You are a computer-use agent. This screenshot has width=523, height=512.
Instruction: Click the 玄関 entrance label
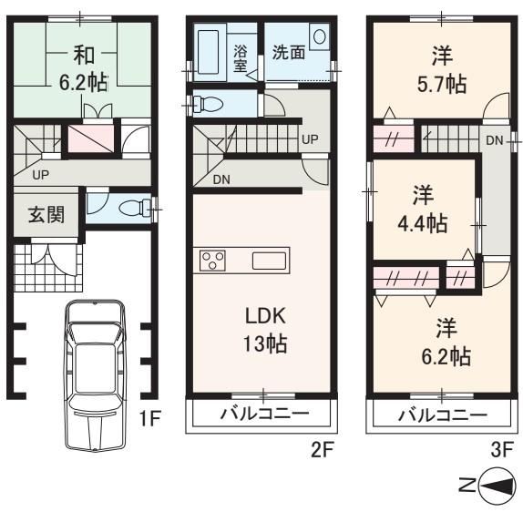coord(46,214)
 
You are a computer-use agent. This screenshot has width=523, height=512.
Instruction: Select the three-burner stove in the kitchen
coord(212,261)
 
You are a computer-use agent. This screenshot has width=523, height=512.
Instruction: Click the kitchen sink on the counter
coord(269,261)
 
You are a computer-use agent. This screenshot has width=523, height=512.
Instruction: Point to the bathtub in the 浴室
coord(208,52)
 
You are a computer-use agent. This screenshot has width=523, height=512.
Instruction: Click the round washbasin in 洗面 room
coord(320,36)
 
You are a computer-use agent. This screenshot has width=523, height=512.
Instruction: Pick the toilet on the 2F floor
coord(208,104)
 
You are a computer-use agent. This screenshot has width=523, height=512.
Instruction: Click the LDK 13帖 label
coord(265,330)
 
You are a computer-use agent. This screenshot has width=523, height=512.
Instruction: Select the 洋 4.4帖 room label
coord(423,210)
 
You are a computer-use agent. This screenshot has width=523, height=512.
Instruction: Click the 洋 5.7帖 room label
coord(442,70)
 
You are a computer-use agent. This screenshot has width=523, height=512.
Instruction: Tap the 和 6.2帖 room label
coord(84,69)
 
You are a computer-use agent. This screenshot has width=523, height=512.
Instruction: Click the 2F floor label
coord(323,450)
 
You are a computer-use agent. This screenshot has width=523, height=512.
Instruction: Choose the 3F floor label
coord(502,450)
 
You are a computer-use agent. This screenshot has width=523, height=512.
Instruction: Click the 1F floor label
coord(150,418)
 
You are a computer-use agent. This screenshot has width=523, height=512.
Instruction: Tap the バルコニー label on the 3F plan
coord(444,415)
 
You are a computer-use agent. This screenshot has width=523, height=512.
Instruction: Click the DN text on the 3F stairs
coord(495,140)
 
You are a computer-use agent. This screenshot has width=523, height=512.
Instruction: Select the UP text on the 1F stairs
coord(41,175)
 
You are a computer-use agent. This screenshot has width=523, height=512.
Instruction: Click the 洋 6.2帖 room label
coord(446,343)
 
